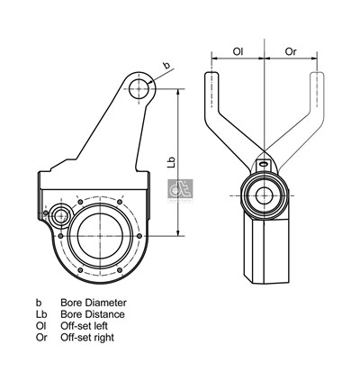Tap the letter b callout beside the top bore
[166, 65]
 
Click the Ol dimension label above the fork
[238, 51]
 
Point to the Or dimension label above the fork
[290, 51]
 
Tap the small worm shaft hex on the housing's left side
[60, 216]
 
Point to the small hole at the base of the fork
[264, 164]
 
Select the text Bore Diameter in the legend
[94, 303]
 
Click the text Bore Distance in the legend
[93, 314]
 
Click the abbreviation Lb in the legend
[40, 314]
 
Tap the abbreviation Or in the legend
[40, 338]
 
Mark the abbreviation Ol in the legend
[40, 326]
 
